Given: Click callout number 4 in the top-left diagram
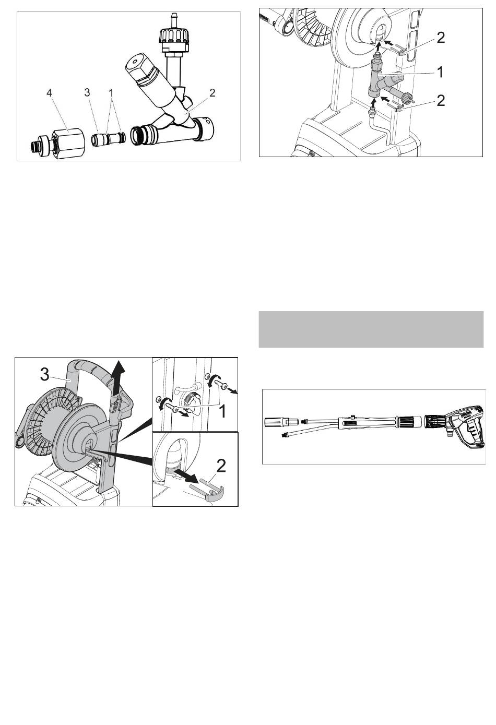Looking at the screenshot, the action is coord(49,93).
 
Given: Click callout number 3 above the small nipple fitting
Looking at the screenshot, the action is coord(87,92).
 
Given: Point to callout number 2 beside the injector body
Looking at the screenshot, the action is coord(212,93).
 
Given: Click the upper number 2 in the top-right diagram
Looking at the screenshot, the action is coord(441,38).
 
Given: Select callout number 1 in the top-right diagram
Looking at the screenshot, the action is coord(440,72).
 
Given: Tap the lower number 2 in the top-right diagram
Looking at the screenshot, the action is coord(441,101).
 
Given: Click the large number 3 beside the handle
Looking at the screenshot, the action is coord(45,375).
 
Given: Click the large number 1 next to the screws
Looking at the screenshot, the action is coord(222,412).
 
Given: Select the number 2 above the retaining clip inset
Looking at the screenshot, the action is coord(221,466).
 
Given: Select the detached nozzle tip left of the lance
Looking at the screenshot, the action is coord(280,422).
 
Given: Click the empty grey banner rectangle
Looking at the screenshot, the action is coord(371,329).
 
